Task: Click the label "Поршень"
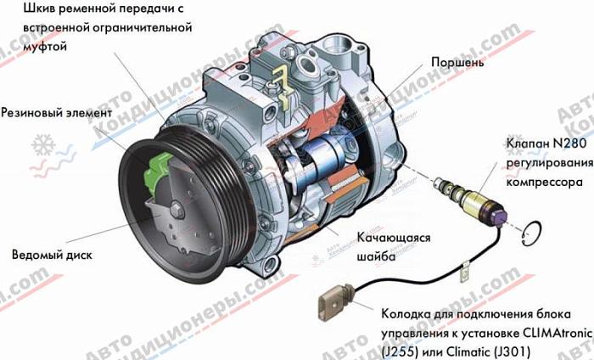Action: pos(457,62)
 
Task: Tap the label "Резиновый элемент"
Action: pos(57,113)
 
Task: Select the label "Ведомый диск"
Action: pos(52,255)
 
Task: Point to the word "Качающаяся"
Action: pos(393,238)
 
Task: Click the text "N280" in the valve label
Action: pos(569,143)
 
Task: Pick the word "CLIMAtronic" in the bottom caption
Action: pos(558,333)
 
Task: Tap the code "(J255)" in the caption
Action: pos(400,352)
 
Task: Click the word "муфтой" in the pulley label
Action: pos(45,47)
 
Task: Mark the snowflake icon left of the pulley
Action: pos(43,145)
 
